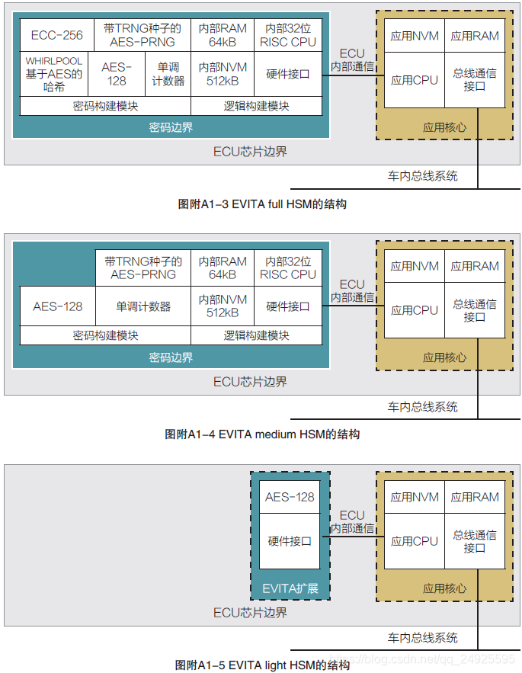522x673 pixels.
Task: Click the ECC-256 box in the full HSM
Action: click(57, 35)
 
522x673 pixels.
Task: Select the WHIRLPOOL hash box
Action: click(54, 74)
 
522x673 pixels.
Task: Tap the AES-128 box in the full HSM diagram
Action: click(117, 74)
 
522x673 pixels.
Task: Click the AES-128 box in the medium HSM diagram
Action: click(57, 306)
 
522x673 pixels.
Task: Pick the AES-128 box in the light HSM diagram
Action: click(290, 497)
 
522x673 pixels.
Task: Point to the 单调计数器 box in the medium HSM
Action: click(143, 306)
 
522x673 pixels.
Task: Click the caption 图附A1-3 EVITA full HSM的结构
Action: click(262, 204)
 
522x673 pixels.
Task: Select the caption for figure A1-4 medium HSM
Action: click(262, 434)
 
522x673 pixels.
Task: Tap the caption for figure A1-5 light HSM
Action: click(262, 665)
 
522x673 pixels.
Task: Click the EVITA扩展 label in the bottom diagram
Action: click(290, 588)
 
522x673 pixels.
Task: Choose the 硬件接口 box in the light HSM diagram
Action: click(290, 541)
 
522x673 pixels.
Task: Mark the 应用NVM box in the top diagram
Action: click(415, 35)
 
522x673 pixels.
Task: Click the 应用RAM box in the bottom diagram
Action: click(475, 497)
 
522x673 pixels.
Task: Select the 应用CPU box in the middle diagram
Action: click(415, 310)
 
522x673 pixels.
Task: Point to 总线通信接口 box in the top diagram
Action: click(475, 79)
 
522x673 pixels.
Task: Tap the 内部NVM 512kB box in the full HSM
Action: click(223, 74)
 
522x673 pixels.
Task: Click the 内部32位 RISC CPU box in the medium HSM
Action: click(287, 268)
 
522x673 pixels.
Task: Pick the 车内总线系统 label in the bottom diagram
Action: click(422, 637)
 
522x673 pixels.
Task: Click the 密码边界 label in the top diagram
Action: click(171, 127)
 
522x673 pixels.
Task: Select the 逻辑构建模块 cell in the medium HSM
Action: click(256, 335)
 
